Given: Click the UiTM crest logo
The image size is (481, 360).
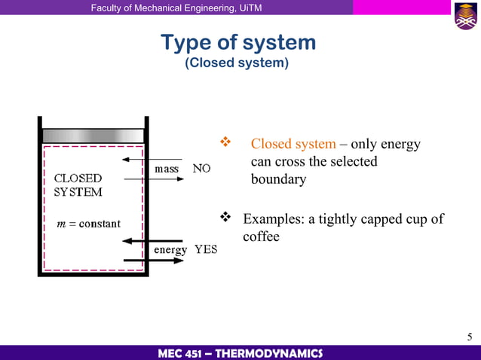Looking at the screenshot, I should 465,16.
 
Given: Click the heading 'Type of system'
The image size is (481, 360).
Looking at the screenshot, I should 238,42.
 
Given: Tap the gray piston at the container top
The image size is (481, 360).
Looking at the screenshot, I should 93,136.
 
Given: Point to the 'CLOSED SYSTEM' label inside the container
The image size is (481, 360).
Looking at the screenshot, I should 78,185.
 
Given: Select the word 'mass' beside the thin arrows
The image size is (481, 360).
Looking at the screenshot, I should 166,169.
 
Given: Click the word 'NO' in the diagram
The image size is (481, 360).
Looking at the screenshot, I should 201,169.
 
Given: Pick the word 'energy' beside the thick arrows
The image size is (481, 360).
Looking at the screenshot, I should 170,249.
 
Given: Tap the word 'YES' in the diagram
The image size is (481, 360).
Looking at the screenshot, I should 206,249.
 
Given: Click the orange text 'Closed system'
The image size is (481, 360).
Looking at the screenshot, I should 293,144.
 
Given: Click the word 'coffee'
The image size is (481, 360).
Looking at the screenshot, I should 261,236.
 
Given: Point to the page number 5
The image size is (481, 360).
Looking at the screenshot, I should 470,336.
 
